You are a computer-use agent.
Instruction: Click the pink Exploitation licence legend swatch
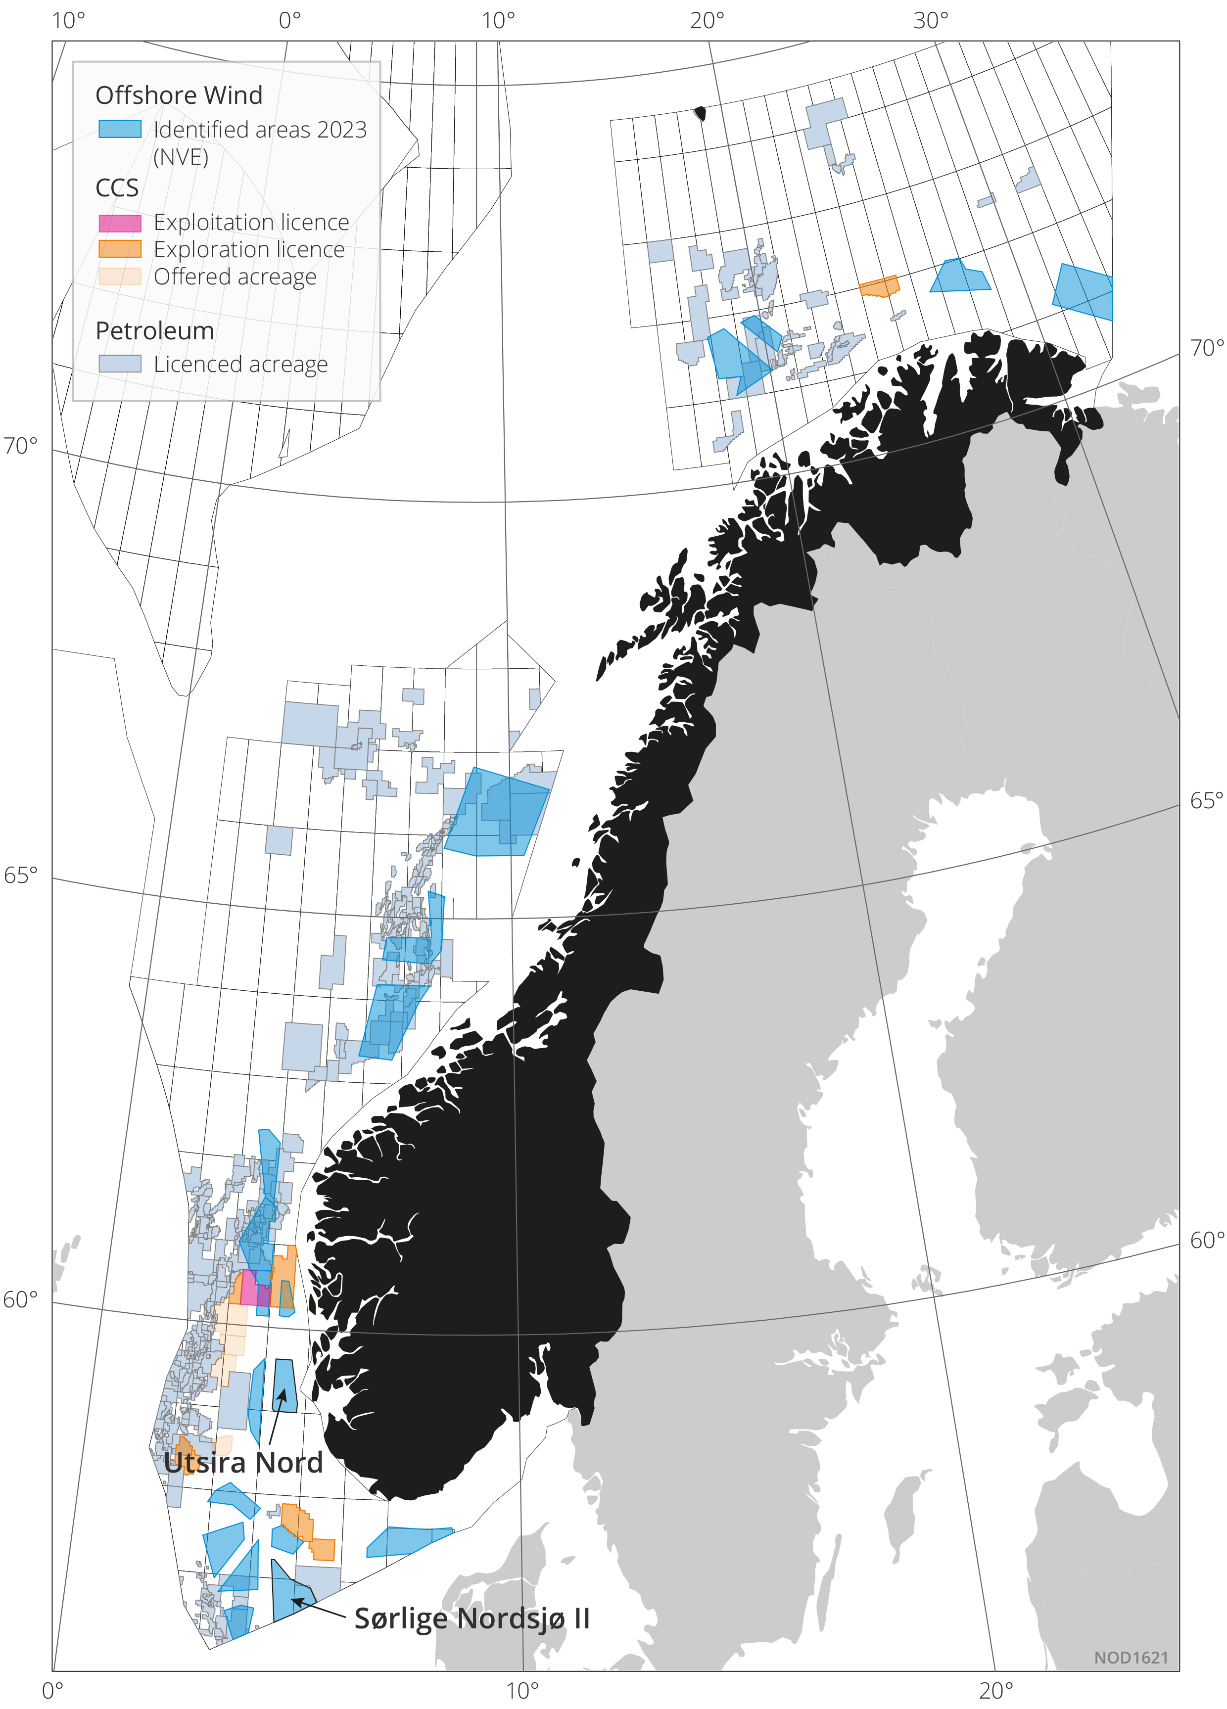point(120,223)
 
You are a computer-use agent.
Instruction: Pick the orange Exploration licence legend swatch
point(120,249)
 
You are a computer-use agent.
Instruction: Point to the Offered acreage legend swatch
point(120,277)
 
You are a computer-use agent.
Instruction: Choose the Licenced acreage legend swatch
point(120,364)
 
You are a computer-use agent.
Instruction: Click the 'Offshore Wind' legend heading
point(179,95)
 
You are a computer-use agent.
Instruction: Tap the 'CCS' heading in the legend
point(117,188)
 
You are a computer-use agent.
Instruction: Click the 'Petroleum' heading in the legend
point(154,331)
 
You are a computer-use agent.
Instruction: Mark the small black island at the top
point(700,114)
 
